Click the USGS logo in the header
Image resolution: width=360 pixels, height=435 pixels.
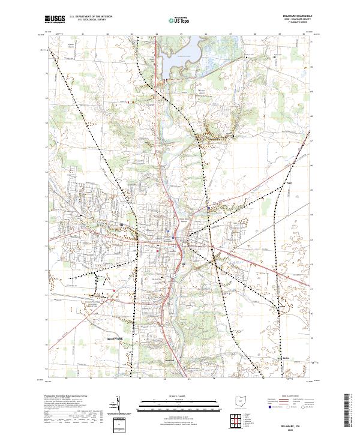(55, 20)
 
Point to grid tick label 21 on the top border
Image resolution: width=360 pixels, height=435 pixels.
(82, 34)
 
